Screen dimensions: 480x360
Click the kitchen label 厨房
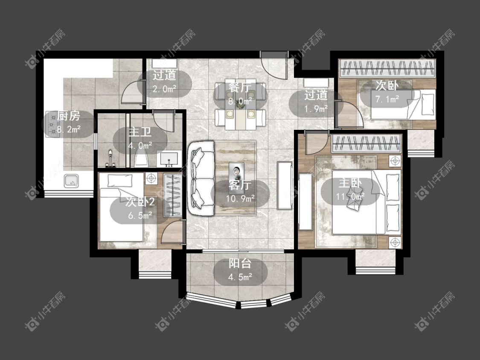[x=69, y=116]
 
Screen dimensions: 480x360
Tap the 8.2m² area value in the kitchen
[x=69, y=129]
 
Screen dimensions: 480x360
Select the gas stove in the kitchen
[x=52, y=124]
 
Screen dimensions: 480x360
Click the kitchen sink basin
[x=72, y=181]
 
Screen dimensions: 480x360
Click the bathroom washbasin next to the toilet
[x=168, y=159]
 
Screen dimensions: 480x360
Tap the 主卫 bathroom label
[x=140, y=132]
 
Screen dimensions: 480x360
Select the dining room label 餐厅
[x=240, y=88]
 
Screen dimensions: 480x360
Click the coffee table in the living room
[x=237, y=173]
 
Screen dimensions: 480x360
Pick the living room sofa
[x=201, y=178]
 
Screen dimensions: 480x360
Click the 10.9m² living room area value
[x=240, y=199]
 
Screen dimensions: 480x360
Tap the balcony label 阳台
[x=240, y=263]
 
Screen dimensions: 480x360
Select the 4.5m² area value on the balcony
[x=240, y=277]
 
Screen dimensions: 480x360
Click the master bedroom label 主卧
[x=350, y=183]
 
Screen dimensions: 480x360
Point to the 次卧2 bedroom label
[x=140, y=202]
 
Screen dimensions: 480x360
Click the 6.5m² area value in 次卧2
[x=140, y=216]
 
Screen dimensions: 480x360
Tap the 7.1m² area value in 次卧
[x=387, y=99]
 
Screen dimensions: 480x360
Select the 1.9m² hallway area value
[x=316, y=108]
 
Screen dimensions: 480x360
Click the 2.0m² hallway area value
[x=164, y=89]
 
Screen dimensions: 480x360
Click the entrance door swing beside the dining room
[x=274, y=66]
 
